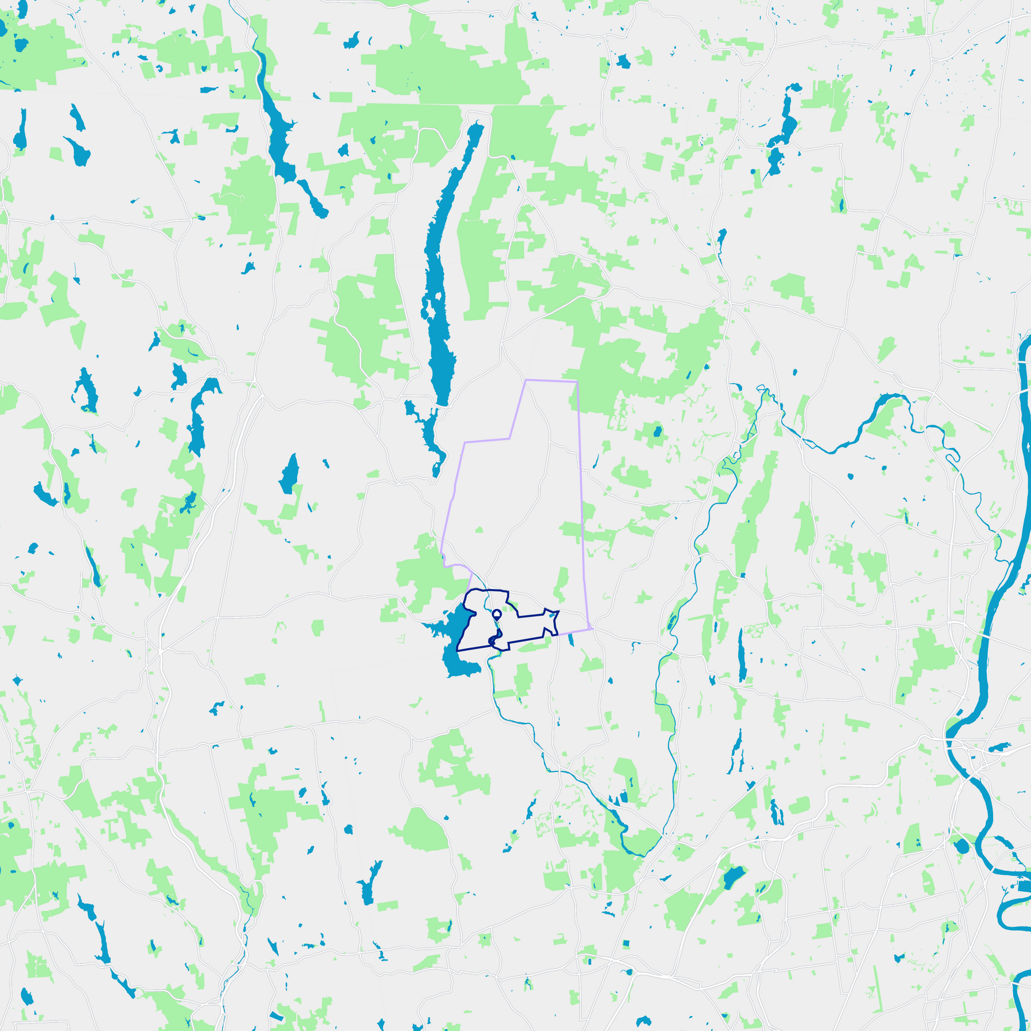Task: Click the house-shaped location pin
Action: click(x=497, y=615)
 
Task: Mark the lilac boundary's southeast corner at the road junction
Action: click(x=591, y=629)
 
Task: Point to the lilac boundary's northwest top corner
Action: click(x=526, y=380)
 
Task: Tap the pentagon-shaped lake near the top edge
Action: click(x=623, y=61)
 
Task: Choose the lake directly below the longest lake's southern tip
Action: click(x=427, y=430)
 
